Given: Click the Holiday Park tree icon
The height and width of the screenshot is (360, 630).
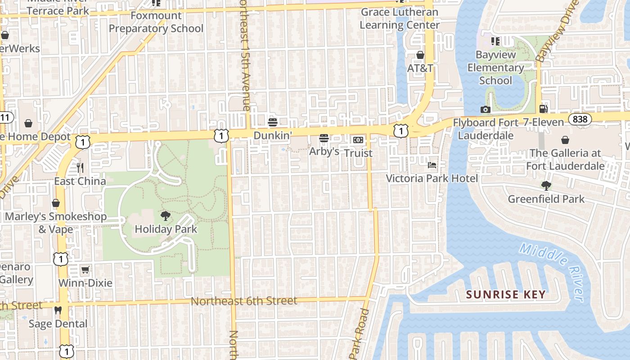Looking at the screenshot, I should [x=166, y=216].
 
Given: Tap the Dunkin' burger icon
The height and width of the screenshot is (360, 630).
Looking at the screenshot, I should [x=272, y=122].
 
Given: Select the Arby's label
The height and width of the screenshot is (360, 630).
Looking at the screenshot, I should [x=324, y=152].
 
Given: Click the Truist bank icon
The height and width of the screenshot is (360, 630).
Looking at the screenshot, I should [x=358, y=140].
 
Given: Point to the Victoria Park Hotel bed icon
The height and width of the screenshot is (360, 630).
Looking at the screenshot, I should [x=432, y=165].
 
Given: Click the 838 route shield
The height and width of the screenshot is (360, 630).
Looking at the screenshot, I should [x=580, y=119].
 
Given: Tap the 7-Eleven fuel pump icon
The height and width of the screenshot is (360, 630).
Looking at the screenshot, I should [x=544, y=108].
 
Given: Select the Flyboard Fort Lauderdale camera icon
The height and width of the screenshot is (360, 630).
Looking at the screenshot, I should [x=485, y=109].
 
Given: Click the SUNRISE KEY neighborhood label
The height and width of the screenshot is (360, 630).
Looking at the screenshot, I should [x=506, y=295].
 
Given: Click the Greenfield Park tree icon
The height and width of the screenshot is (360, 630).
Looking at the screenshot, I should [x=546, y=185].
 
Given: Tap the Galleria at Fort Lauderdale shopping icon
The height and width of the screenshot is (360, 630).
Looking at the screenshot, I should [x=565, y=140].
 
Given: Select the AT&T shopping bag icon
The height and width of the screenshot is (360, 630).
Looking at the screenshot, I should [x=420, y=55].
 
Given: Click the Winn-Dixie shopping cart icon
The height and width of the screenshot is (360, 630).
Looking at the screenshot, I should [x=85, y=270].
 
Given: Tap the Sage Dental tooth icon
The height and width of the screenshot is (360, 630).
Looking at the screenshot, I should [x=58, y=310].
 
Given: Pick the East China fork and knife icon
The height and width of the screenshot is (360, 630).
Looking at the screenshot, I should [x=80, y=168].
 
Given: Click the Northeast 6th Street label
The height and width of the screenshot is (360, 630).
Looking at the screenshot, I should [x=244, y=301].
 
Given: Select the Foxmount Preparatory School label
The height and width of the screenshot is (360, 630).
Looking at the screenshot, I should [x=156, y=22].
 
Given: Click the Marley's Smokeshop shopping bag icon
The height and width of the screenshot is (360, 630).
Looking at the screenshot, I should [x=56, y=203].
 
